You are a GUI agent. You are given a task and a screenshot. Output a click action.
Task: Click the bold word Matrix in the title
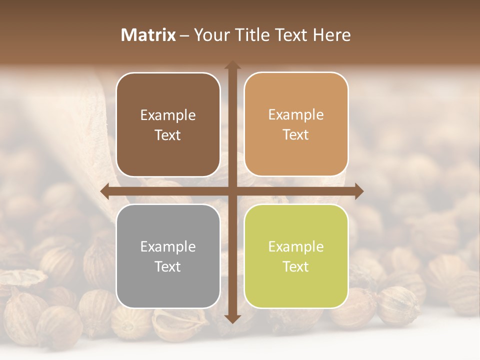[148, 35]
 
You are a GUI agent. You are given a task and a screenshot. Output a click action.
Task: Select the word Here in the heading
[331, 35]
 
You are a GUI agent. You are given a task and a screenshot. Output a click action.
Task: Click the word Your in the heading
[209, 35]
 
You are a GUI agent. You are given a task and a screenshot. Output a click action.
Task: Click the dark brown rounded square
[168, 124]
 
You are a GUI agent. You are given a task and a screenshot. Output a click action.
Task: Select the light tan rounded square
[296, 124]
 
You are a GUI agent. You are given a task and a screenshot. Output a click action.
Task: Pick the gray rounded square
[168, 256]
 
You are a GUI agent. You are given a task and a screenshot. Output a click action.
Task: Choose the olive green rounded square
[296, 256]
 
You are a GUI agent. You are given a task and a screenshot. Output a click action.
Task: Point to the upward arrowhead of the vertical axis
[232, 65]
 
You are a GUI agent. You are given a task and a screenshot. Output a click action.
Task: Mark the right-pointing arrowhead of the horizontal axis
[358, 191]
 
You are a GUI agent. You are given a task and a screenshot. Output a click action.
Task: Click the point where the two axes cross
[232, 191]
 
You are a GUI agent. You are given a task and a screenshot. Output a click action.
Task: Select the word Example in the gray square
[168, 246]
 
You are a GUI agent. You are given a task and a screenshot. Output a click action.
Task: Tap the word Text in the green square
[296, 266]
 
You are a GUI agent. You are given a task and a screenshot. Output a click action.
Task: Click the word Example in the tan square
[296, 115]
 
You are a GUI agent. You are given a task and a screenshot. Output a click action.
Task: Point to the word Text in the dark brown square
[168, 135]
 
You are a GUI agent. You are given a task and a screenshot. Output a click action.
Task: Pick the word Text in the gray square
[168, 266]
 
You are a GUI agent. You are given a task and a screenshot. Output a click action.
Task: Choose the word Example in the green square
[296, 246]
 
